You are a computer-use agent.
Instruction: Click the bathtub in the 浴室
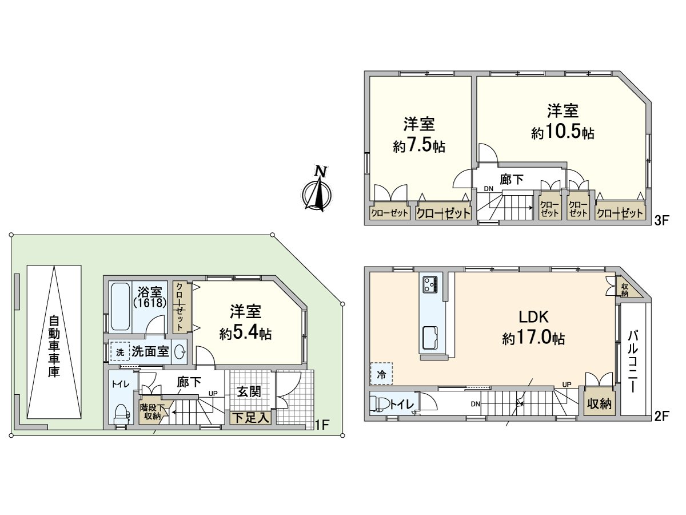(120, 306)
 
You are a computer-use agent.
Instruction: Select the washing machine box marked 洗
(119, 352)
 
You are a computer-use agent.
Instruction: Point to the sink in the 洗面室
(180, 352)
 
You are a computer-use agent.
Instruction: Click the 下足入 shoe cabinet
(250, 418)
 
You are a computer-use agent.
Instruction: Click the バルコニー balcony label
(634, 360)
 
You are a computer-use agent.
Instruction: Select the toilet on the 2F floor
(381, 404)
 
